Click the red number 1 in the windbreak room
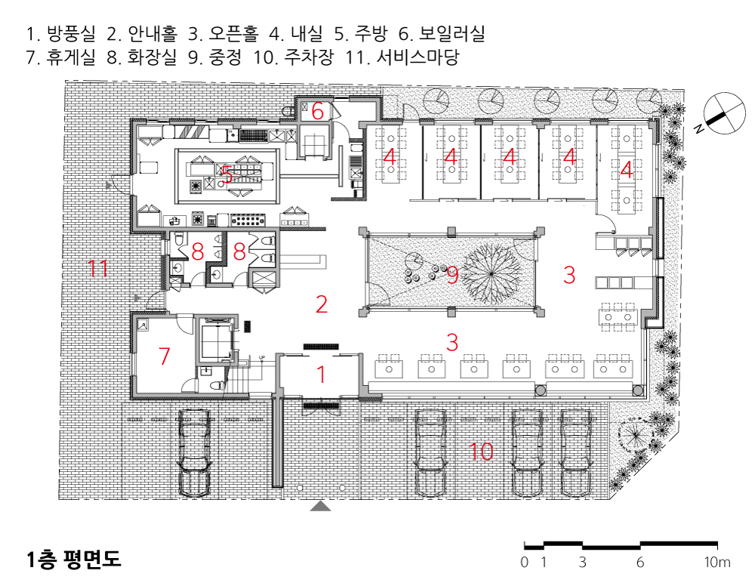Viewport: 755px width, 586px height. point(321,374)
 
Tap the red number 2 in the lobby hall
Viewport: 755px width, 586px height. point(322,305)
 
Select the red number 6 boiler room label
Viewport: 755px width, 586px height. point(318,112)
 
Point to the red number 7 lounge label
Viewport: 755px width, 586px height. point(165,356)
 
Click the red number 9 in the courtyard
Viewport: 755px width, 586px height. point(452,276)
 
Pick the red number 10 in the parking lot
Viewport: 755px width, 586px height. point(481,452)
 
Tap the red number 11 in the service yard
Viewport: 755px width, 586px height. point(97,268)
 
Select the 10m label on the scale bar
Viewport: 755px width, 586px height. point(717,563)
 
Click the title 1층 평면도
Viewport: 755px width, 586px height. point(73,560)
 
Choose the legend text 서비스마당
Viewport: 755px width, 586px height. point(417,58)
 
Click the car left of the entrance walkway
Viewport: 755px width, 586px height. point(193,452)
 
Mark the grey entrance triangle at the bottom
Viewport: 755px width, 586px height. point(321,506)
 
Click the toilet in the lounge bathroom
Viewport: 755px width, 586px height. point(220,384)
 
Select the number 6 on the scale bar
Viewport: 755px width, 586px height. point(639,563)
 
